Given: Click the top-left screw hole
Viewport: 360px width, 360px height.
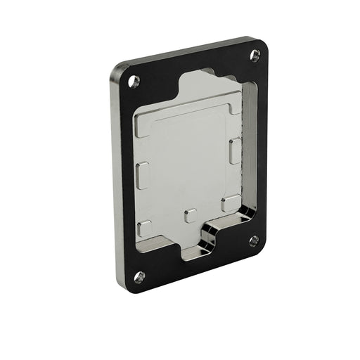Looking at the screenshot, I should click(x=134, y=81).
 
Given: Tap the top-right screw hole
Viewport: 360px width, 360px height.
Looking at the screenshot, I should click(x=254, y=56).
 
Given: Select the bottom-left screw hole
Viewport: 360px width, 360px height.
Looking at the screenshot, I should click(x=139, y=276).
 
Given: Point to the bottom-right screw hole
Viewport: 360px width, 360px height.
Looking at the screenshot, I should click(x=254, y=240).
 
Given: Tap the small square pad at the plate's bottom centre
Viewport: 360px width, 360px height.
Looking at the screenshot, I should click(x=190, y=215).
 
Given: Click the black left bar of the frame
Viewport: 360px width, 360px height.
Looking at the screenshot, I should click(x=125, y=176).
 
